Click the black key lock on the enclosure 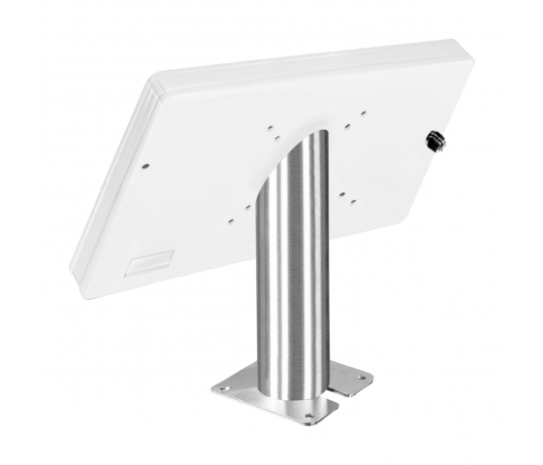[x=430, y=141]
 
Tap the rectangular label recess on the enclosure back [x=153, y=260]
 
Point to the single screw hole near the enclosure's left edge [x=145, y=165]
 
